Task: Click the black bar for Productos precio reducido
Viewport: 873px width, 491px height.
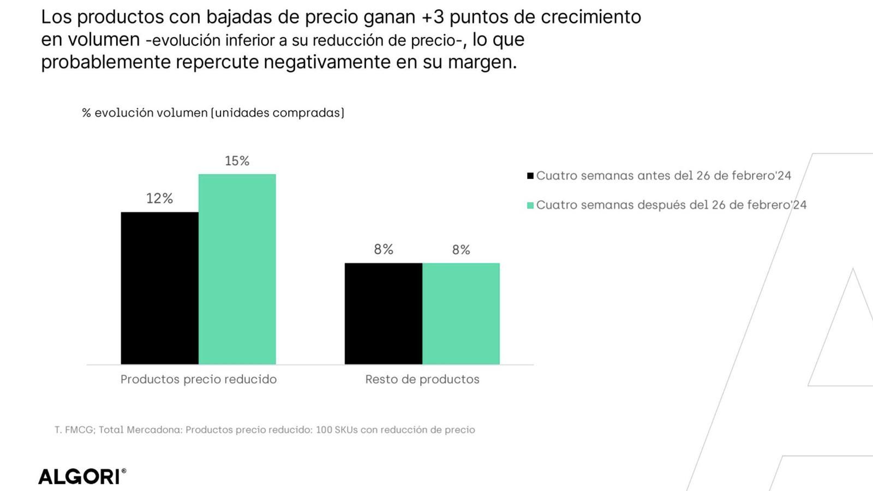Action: (x=159, y=288)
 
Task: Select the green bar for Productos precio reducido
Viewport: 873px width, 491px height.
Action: (x=237, y=269)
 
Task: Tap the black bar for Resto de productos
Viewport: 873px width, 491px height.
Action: (x=383, y=314)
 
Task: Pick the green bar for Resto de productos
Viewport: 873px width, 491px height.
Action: (x=461, y=314)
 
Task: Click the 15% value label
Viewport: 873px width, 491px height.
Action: (x=237, y=161)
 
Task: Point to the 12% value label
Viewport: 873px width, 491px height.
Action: (x=159, y=199)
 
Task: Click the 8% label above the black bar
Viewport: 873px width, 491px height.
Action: (x=383, y=249)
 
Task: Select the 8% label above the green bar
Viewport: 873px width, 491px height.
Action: (x=461, y=250)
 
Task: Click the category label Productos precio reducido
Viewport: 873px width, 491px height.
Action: (x=198, y=379)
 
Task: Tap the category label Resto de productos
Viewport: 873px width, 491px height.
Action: (x=422, y=379)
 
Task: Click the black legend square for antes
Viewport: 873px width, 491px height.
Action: (x=530, y=176)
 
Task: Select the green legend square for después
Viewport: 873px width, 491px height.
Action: (x=530, y=205)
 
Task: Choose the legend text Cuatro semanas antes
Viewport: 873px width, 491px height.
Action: (x=663, y=176)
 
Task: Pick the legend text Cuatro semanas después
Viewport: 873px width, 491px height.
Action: (x=671, y=205)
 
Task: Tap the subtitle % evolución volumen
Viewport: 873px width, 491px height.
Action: (x=213, y=113)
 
